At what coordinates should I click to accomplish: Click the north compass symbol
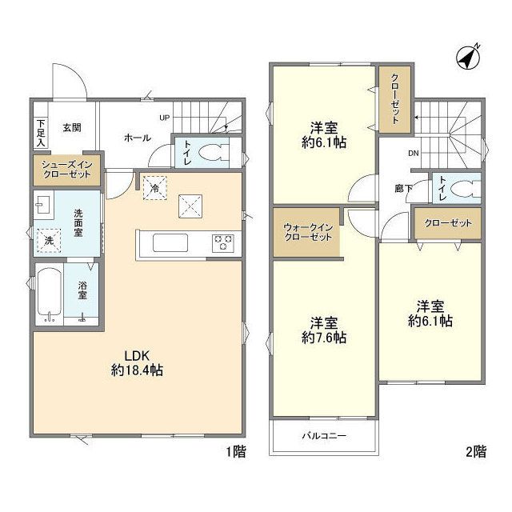point(468,58)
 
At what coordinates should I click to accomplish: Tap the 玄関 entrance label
point(72,127)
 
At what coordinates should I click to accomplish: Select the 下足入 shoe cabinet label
point(41,134)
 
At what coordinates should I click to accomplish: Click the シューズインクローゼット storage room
point(67,170)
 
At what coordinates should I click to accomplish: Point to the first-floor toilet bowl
point(214,153)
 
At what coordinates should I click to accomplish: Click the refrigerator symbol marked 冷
point(155,188)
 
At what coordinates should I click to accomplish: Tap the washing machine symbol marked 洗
point(49,241)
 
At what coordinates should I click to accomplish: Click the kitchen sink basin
point(170,242)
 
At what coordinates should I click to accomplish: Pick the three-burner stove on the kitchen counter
point(223,243)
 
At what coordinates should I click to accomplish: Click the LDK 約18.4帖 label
point(137,362)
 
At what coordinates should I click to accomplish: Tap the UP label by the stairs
point(164,118)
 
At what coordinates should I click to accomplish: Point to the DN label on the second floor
point(414,153)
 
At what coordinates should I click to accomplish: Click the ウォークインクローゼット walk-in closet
point(307,232)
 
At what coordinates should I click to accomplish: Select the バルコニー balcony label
point(324,435)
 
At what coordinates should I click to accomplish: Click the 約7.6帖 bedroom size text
point(324,338)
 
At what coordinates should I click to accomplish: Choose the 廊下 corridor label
point(403,189)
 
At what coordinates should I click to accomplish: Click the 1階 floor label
point(237,451)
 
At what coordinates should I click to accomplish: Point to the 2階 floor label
point(476,451)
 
